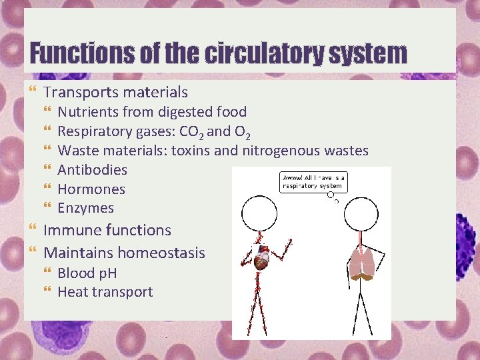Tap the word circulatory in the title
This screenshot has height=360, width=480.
(259, 53)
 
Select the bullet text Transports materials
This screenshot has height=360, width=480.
(115, 92)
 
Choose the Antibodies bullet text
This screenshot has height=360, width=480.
(92, 170)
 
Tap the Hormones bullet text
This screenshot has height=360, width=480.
(91, 189)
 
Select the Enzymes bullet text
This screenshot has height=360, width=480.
(85, 208)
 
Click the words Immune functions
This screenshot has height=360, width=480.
(107, 230)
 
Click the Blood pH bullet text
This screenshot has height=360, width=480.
(87, 273)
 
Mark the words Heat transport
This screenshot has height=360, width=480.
(105, 292)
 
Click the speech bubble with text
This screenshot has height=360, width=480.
(313, 182)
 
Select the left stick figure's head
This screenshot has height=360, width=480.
(259, 213)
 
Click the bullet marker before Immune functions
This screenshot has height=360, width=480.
(34, 230)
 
